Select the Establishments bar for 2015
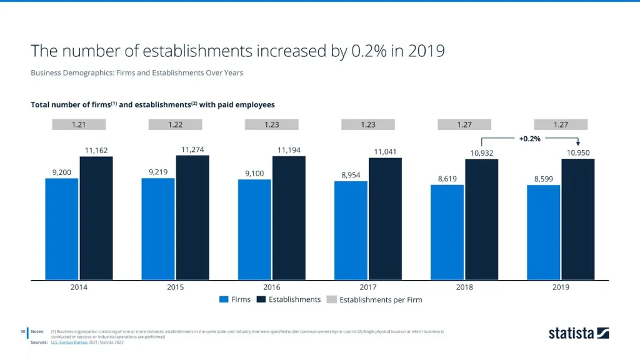192,217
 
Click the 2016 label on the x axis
271,287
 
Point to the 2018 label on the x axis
464,287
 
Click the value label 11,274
192,149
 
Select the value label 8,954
351,175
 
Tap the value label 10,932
481,153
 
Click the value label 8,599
544,179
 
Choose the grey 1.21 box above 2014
79,124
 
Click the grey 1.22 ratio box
175,124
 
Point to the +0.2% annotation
529,138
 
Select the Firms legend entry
235,299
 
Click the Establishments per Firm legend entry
374,299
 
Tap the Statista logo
579,333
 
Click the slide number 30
22,331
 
